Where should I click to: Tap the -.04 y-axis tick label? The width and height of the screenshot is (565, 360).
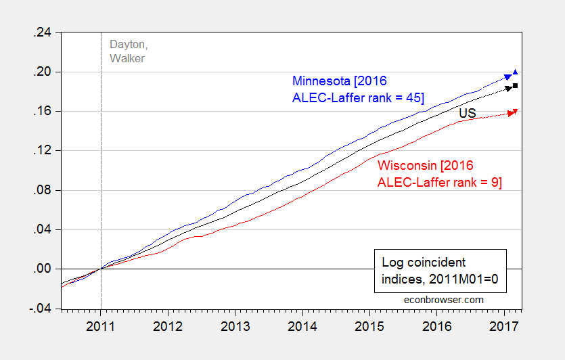[x=43, y=309]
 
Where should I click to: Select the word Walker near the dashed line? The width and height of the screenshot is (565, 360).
[x=127, y=58]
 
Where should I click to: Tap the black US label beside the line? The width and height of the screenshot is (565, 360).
[x=467, y=114]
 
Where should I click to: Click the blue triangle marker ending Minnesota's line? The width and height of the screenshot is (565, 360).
[x=516, y=72]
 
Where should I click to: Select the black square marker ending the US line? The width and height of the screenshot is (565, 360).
[x=516, y=86]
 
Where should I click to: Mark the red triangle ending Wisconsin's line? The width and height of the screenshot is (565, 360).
[x=516, y=111]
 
